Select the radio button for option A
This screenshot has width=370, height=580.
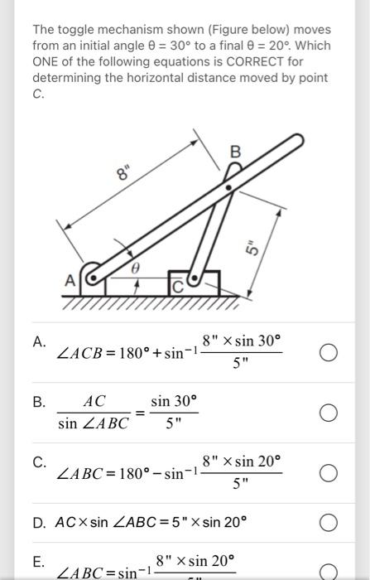point(328,354)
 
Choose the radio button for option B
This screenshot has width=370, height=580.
point(328,413)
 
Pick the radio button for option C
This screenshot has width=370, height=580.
point(328,473)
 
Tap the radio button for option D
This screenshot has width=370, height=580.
point(328,523)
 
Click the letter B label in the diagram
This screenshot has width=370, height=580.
point(235,152)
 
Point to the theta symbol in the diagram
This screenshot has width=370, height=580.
point(137,269)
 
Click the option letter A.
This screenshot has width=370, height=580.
point(39,341)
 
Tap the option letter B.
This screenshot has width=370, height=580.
point(39,402)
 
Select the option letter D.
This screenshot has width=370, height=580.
point(39,523)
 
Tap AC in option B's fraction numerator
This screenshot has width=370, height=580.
point(94,401)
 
